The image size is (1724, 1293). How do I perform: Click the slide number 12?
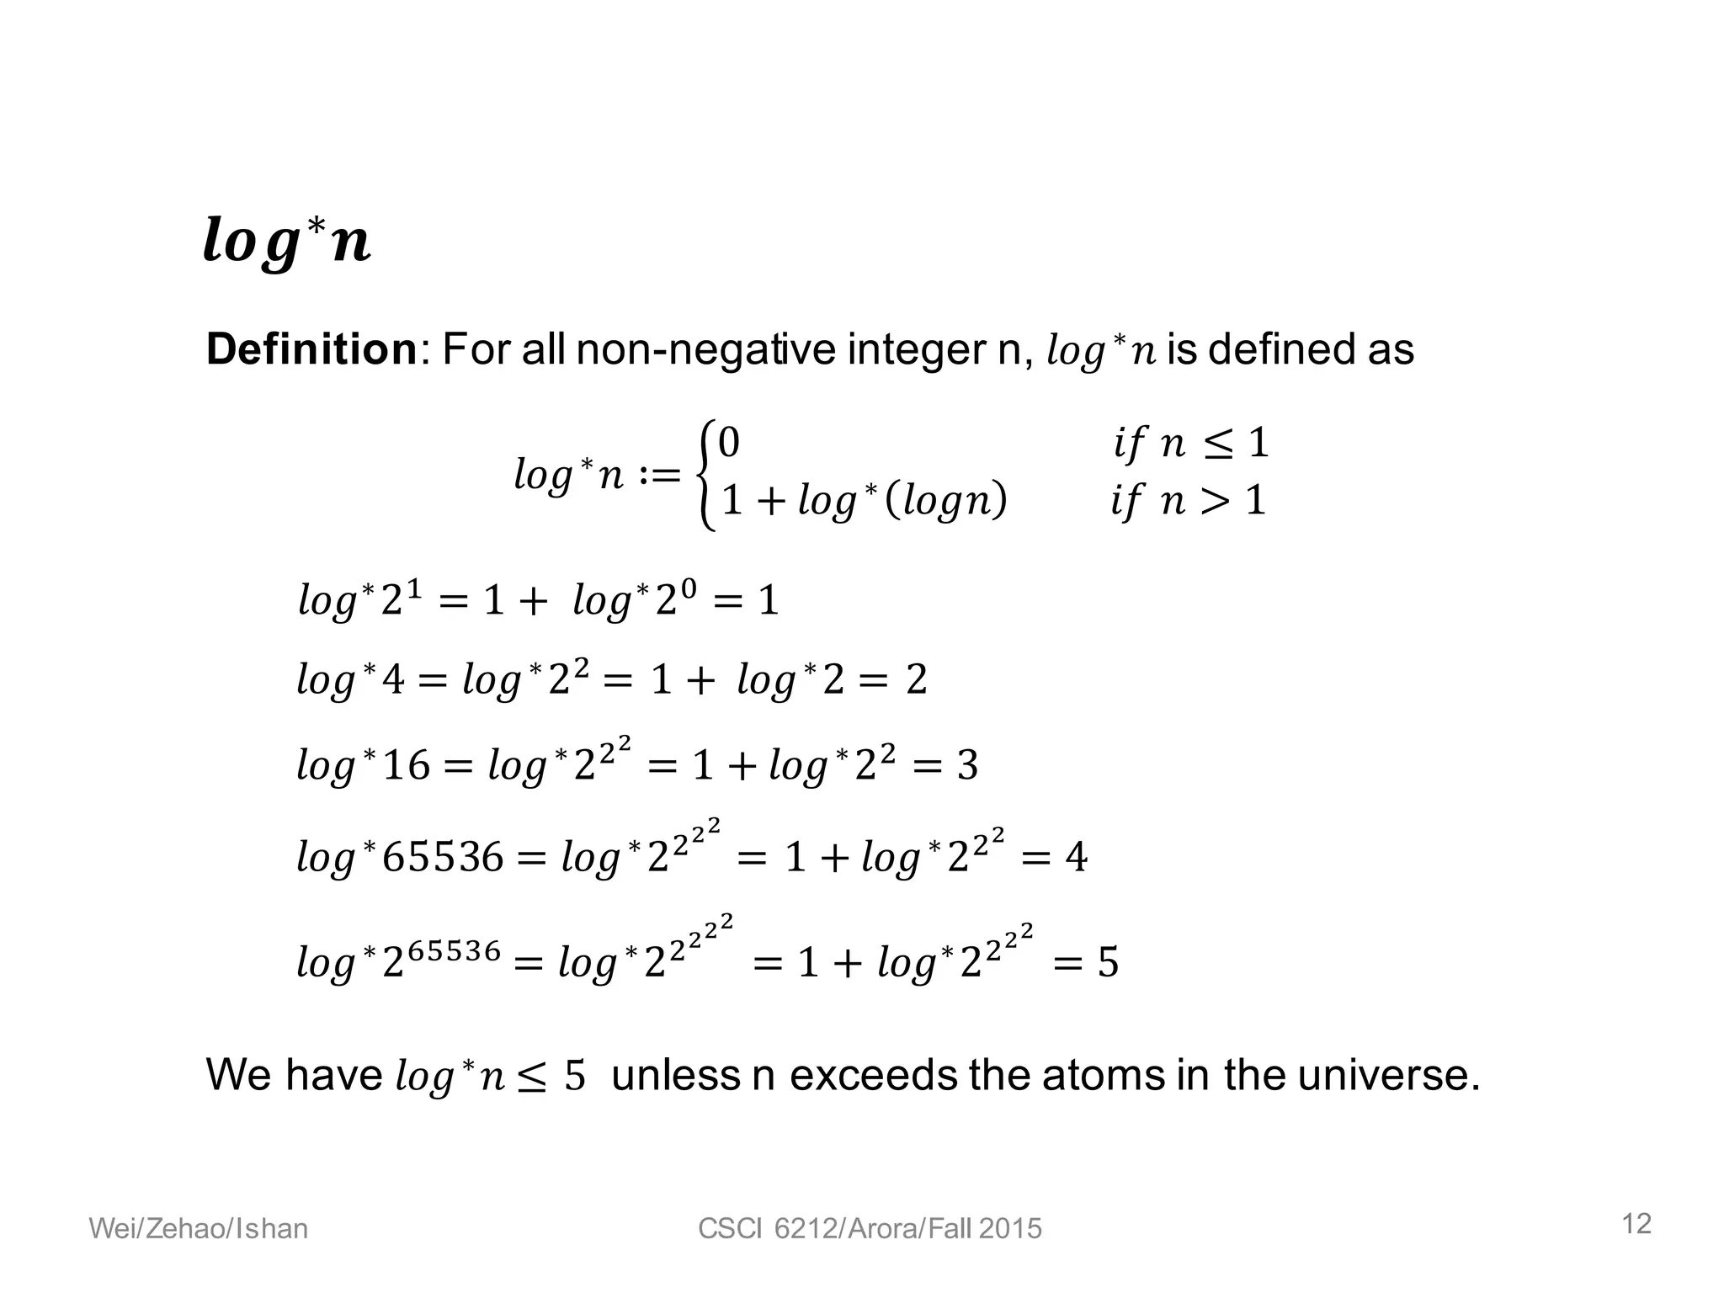[x=1636, y=1224]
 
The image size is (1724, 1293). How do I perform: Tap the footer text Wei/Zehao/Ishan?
[x=199, y=1229]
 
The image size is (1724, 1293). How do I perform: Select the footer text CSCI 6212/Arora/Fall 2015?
[x=870, y=1229]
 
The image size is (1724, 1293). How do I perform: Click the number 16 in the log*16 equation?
[x=406, y=765]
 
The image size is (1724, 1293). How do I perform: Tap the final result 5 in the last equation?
[x=1108, y=962]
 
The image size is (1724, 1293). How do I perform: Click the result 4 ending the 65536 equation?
[x=1076, y=858]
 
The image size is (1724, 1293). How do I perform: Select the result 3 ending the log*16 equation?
[x=967, y=765]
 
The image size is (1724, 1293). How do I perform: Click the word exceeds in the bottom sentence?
[x=874, y=1076]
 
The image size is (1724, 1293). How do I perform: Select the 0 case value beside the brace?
[x=729, y=443]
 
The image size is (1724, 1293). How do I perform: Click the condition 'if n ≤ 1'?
[x=1190, y=443]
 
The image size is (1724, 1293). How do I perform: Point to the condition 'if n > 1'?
[x=1189, y=501]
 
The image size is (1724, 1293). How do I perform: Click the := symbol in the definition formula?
[x=659, y=476]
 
